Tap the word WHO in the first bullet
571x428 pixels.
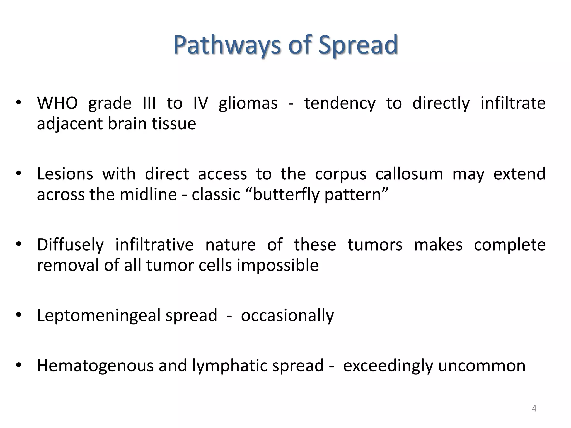(57, 103)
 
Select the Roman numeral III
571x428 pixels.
(149, 103)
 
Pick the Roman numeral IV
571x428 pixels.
(200, 103)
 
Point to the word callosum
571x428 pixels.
(409, 174)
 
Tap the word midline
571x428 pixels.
(148, 194)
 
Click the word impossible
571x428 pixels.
(278, 265)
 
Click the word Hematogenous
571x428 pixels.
(95, 366)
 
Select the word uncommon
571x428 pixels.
(482, 366)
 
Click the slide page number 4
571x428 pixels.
(534, 408)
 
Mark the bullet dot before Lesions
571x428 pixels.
(19, 174)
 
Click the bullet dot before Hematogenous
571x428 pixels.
(19, 365)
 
